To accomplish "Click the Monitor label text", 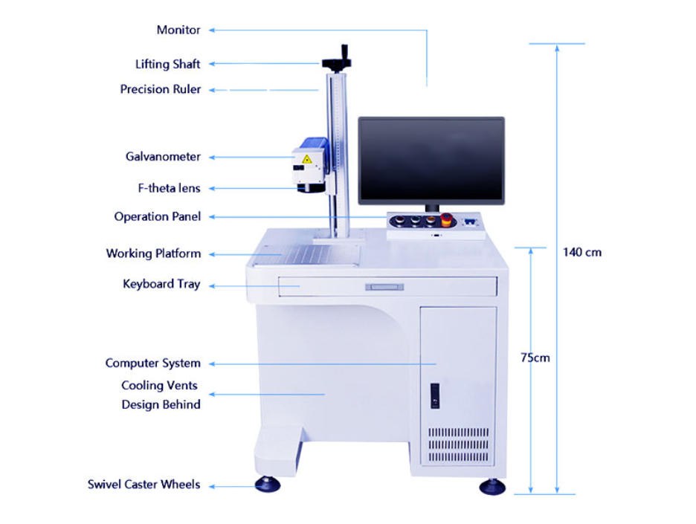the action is tap(178, 30).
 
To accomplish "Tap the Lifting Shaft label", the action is tap(168, 64).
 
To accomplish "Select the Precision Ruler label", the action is tap(160, 89).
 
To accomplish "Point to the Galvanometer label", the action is tap(163, 157).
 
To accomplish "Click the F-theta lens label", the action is tap(169, 188).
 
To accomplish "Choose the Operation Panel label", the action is tap(158, 216).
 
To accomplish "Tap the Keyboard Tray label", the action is tap(161, 284).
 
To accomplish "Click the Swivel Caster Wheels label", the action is tap(144, 484).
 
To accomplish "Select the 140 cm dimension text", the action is tap(582, 253).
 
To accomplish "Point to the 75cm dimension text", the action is tap(535, 358).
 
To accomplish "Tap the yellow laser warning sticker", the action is tap(306, 159).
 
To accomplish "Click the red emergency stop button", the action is tap(446, 219).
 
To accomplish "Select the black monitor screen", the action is tap(431, 160).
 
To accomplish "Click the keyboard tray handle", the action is tap(384, 287).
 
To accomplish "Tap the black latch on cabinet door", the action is tap(435, 395).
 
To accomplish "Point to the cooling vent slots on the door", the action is tap(459, 444).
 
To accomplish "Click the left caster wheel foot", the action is tap(268, 484).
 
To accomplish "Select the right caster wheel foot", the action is tap(492, 486).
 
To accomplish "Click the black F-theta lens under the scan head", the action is tap(311, 188).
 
